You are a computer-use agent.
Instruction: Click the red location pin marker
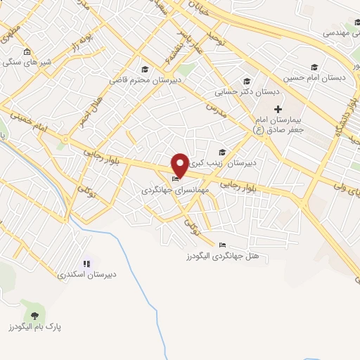(x=180, y=165)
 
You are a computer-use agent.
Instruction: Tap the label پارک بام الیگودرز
(x=32, y=328)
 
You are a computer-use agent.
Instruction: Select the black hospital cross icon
(x=278, y=109)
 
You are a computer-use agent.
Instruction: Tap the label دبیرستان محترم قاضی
(x=138, y=80)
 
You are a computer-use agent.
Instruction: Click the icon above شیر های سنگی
(x=27, y=51)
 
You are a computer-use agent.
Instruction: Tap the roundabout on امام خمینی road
(x=65, y=139)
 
